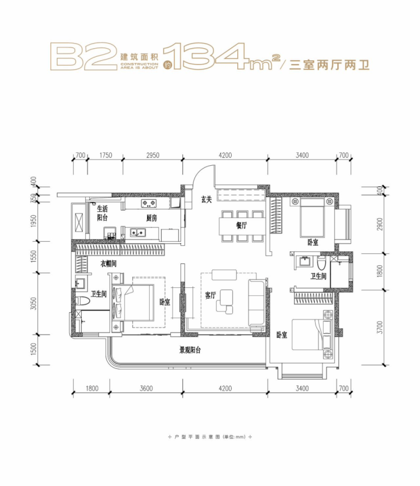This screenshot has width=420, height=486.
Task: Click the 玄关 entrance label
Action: click(x=206, y=200)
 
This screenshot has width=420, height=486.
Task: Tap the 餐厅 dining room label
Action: click(x=242, y=225)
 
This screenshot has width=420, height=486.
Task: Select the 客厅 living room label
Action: click(x=211, y=295)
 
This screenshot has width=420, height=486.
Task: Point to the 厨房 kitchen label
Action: click(x=152, y=218)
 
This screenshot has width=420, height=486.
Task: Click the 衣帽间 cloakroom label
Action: click(x=108, y=264)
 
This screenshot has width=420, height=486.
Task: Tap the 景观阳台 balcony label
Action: click(x=190, y=350)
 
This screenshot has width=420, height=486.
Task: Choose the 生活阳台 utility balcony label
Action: click(x=102, y=213)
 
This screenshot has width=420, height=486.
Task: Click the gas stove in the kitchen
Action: click(x=149, y=204)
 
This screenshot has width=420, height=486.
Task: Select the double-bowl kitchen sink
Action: click(x=138, y=232)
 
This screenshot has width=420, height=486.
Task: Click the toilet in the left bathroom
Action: click(x=82, y=301)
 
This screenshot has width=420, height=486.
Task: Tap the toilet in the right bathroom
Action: click(x=321, y=263)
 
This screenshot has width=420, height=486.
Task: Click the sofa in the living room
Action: click(x=257, y=303)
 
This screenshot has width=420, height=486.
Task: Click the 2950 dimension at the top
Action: click(x=153, y=155)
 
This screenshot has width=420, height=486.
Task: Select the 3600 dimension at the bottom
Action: click(x=146, y=388)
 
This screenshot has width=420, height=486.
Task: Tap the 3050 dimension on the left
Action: click(x=33, y=304)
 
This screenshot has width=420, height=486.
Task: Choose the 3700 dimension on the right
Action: click(x=380, y=327)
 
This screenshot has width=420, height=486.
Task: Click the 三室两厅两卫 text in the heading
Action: click(x=329, y=65)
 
